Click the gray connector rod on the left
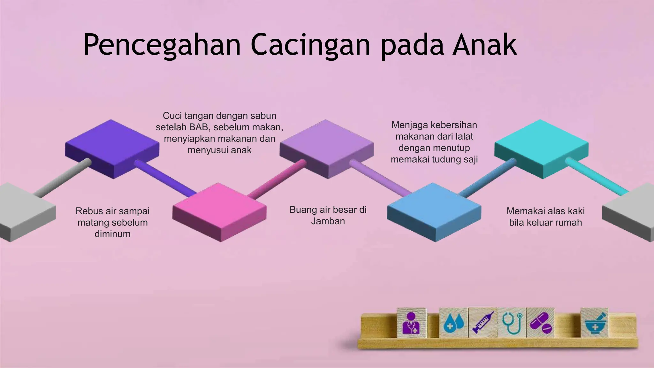click(x=63, y=177)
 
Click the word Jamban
click(x=328, y=221)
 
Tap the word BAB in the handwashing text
click(x=199, y=127)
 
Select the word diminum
click(x=112, y=234)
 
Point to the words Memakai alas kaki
click(x=545, y=211)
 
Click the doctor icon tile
click(x=411, y=323)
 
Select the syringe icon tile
click(x=483, y=323)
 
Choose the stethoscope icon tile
click(x=512, y=323)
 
